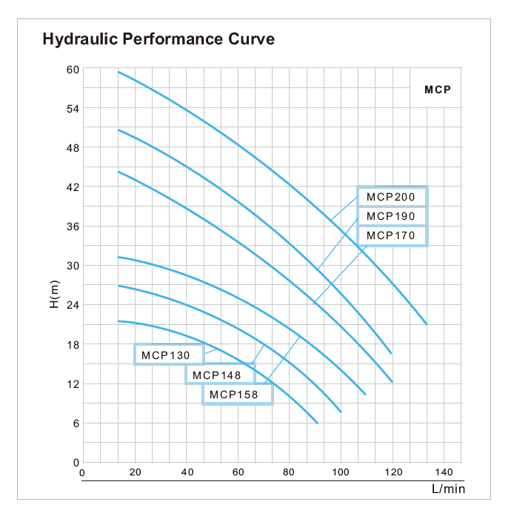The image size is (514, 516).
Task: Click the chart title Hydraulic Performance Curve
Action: pyautogui.click(x=158, y=39)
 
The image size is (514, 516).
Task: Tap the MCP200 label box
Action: pyautogui.click(x=392, y=197)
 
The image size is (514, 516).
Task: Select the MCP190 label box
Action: pyautogui.click(x=392, y=216)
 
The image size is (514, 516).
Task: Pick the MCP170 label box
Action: pyautogui.click(x=392, y=236)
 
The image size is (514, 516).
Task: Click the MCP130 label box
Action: pyautogui.click(x=169, y=355)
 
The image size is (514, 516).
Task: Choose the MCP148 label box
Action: pyautogui.click(x=219, y=375)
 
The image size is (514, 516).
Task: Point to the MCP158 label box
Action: pyautogui.click(x=237, y=395)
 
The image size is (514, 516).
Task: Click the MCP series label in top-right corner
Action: pyautogui.click(x=438, y=90)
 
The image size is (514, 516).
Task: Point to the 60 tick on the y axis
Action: pyautogui.click(x=73, y=70)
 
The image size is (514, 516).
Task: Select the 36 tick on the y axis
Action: pyautogui.click(x=73, y=227)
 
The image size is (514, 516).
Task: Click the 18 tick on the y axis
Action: pyautogui.click(x=73, y=344)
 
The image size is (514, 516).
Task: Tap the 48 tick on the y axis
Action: pyautogui.click(x=73, y=148)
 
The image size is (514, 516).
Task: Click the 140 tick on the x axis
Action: pyautogui.click(x=444, y=472)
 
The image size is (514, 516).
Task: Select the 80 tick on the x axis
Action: pyautogui.click(x=289, y=472)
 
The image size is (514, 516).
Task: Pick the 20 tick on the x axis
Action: pyautogui.click(x=135, y=472)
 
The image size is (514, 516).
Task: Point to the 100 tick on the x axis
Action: pyautogui.click(x=341, y=472)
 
